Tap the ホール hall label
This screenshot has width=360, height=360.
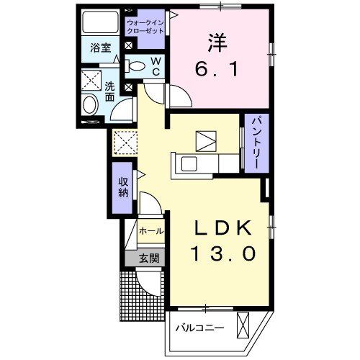point(150,232)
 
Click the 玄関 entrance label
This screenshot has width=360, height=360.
point(149,258)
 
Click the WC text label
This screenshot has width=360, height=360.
point(154,66)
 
